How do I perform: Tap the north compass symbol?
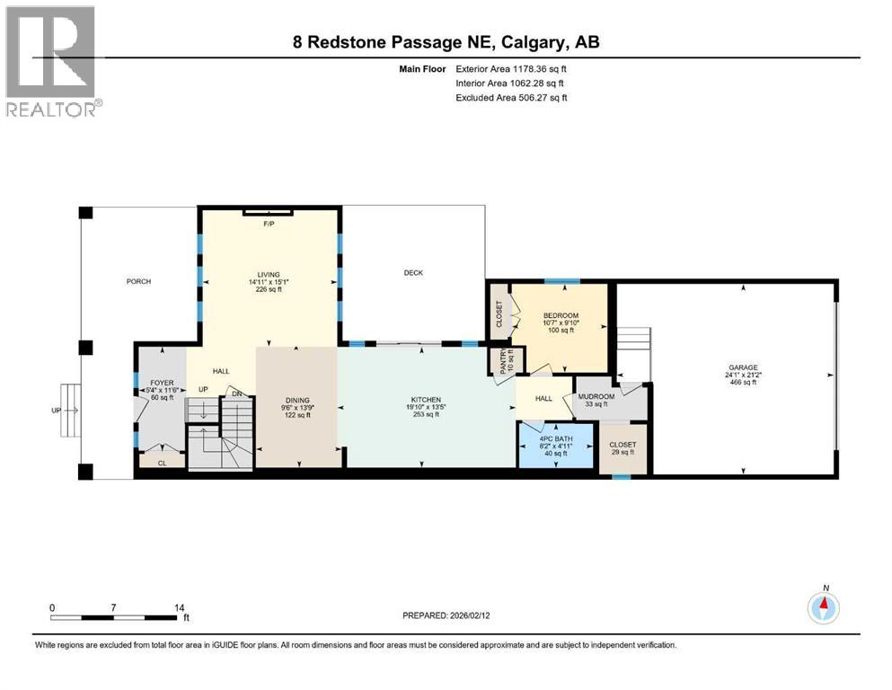coord(823,608)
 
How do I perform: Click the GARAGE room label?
coord(743,367)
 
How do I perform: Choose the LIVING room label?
coord(269,274)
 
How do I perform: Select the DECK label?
coord(412,273)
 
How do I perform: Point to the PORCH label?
coord(138,281)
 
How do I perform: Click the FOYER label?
coord(161,384)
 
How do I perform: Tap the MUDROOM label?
coord(596,396)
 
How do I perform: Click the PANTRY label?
coord(492,360)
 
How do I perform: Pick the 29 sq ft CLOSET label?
coord(623,445)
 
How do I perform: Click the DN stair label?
coord(237,393)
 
